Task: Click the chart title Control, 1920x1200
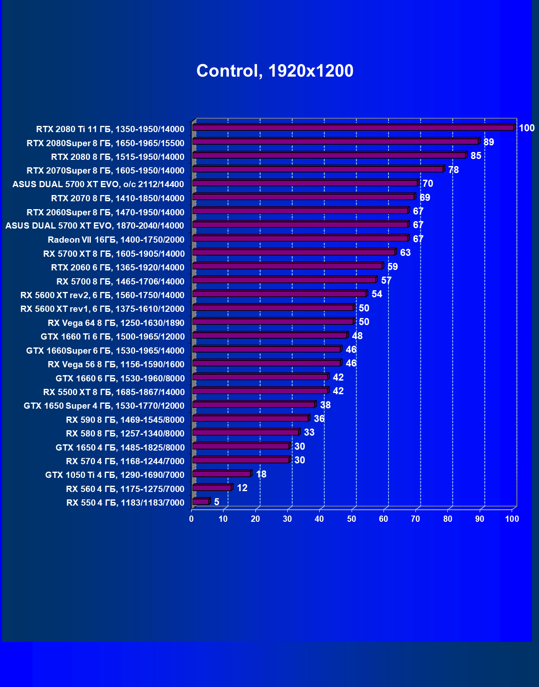(x=275, y=71)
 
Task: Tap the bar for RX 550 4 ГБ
(x=201, y=502)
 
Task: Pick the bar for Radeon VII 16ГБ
(x=300, y=239)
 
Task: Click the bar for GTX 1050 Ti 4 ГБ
(x=221, y=474)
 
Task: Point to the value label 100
(x=527, y=128)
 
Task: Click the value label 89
(x=488, y=142)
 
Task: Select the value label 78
(x=453, y=170)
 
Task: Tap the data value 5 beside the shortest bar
(x=216, y=502)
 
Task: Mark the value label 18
(x=261, y=474)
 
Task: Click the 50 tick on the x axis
(x=352, y=519)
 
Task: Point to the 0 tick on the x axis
(x=191, y=519)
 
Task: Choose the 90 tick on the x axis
(x=480, y=519)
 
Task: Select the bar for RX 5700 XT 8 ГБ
(x=294, y=252)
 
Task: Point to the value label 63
(x=405, y=253)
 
